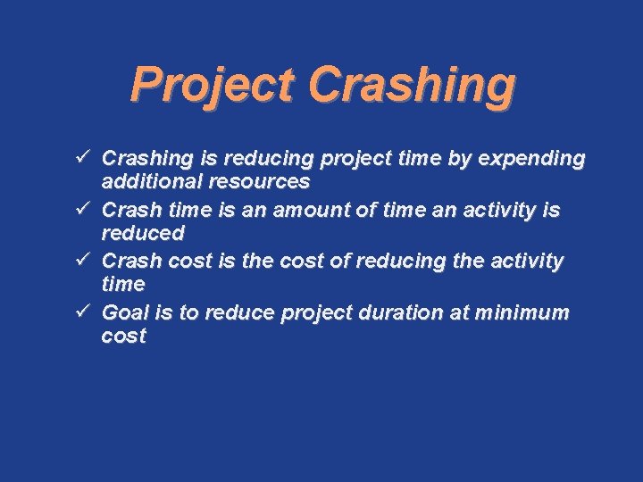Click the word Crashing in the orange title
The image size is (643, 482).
point(412,86)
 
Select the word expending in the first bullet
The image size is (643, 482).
point(532,159)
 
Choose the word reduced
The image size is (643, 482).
point(143,234)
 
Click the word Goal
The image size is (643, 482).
point(124,312)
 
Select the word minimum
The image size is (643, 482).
point(522,312)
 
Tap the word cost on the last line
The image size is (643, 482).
point(123,337)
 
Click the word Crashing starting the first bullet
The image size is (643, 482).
point(147,159)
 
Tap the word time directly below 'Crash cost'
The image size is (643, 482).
point(123,285)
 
